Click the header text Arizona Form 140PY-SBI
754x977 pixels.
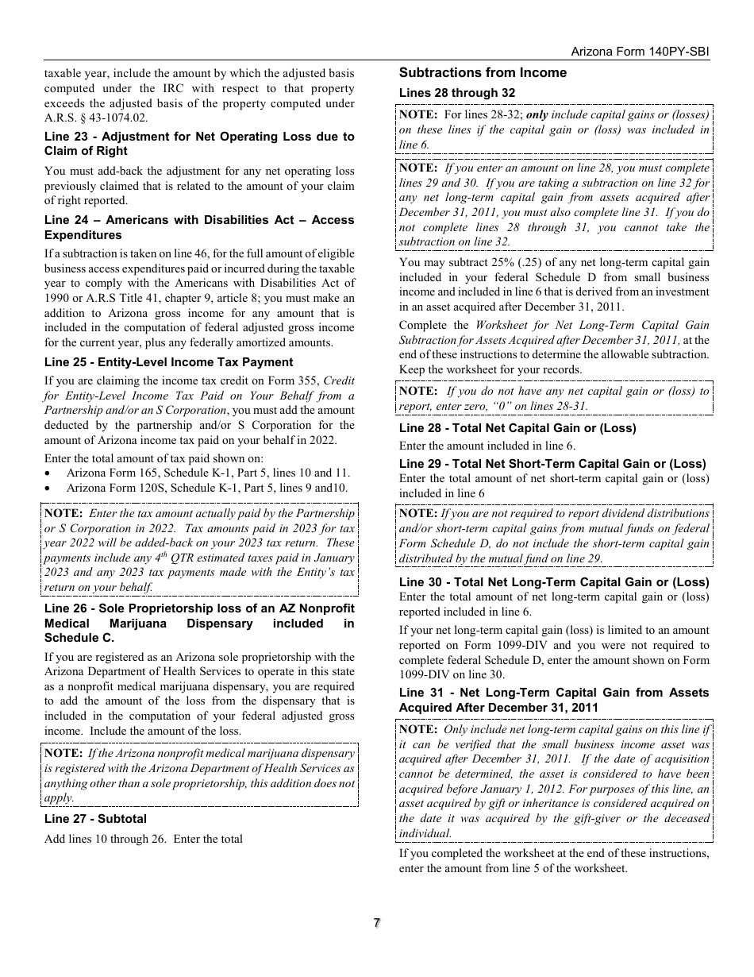click(x=640, y=51)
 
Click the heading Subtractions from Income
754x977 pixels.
click(x=483, y=73)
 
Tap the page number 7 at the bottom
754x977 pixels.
click(x=377, y=923)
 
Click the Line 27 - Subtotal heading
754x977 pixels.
click(x=95, y=819)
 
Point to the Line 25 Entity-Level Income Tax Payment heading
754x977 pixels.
click(x=168, y=362)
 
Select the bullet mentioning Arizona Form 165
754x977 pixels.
click(x=208, y=473)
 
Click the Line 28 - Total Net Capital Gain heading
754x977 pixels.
click(x=517, y=428)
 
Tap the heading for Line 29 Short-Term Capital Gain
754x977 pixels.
click(x=552, y=464)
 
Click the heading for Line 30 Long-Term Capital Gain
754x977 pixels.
click(x=554, y=582)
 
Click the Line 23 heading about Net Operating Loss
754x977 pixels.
click(x=199, y=144)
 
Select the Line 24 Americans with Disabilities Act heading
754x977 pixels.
click(x=199, y=227)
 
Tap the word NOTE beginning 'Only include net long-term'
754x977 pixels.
click(x=417, y=729)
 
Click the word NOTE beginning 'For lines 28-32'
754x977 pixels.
click(x=417, y=114)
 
